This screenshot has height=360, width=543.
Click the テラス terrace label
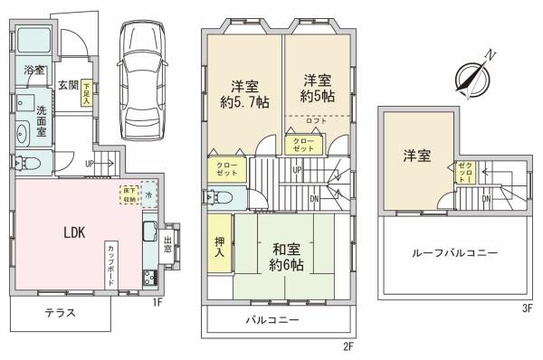point(59,314)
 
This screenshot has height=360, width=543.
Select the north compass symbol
point(476,71)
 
